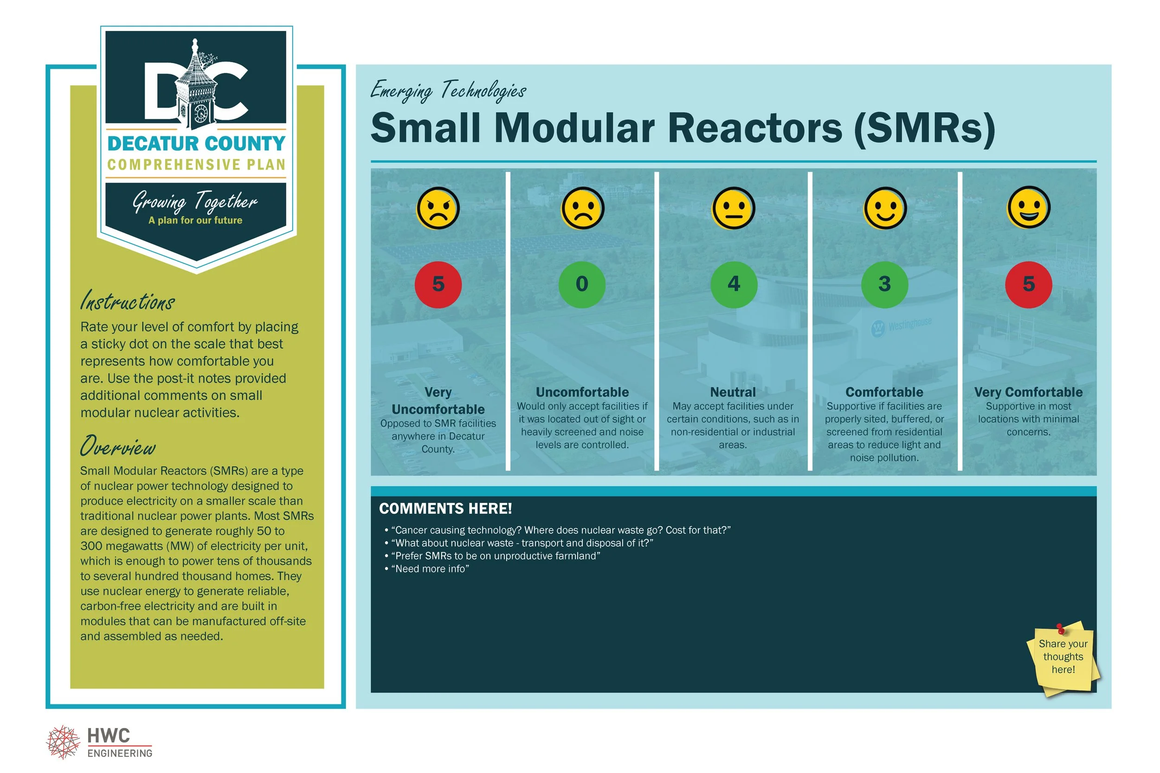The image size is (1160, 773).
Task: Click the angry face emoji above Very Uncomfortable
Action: tap(438, 208)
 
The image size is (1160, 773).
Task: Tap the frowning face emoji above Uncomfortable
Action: tap(582, 208)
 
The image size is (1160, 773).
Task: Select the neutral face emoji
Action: tap(734, 208)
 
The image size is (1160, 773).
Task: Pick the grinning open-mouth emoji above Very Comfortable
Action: tap(1028, 207)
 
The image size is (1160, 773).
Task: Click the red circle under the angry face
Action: tap(438, 284)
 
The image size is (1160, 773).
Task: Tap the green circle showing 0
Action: tap(582, 284)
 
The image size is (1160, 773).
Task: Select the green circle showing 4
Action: tap(734, 284)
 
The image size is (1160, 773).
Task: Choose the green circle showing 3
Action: tap(884, 284)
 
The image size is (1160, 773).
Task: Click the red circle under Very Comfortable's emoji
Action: tap(1028, 284)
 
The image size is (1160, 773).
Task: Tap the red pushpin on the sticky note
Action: tap(1060, 629)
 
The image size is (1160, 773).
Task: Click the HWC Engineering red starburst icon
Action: tap(63, 741)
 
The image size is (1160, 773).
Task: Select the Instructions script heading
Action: tap(127, 301)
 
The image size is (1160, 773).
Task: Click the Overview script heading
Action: tap(118, 446)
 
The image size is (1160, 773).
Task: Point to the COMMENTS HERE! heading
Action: tap(445, 508)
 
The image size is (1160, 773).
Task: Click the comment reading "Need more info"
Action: tap(430, 569)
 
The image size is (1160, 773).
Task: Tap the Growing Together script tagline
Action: tap(195, 201)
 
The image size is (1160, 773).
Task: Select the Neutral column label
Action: tap(733, 392)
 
